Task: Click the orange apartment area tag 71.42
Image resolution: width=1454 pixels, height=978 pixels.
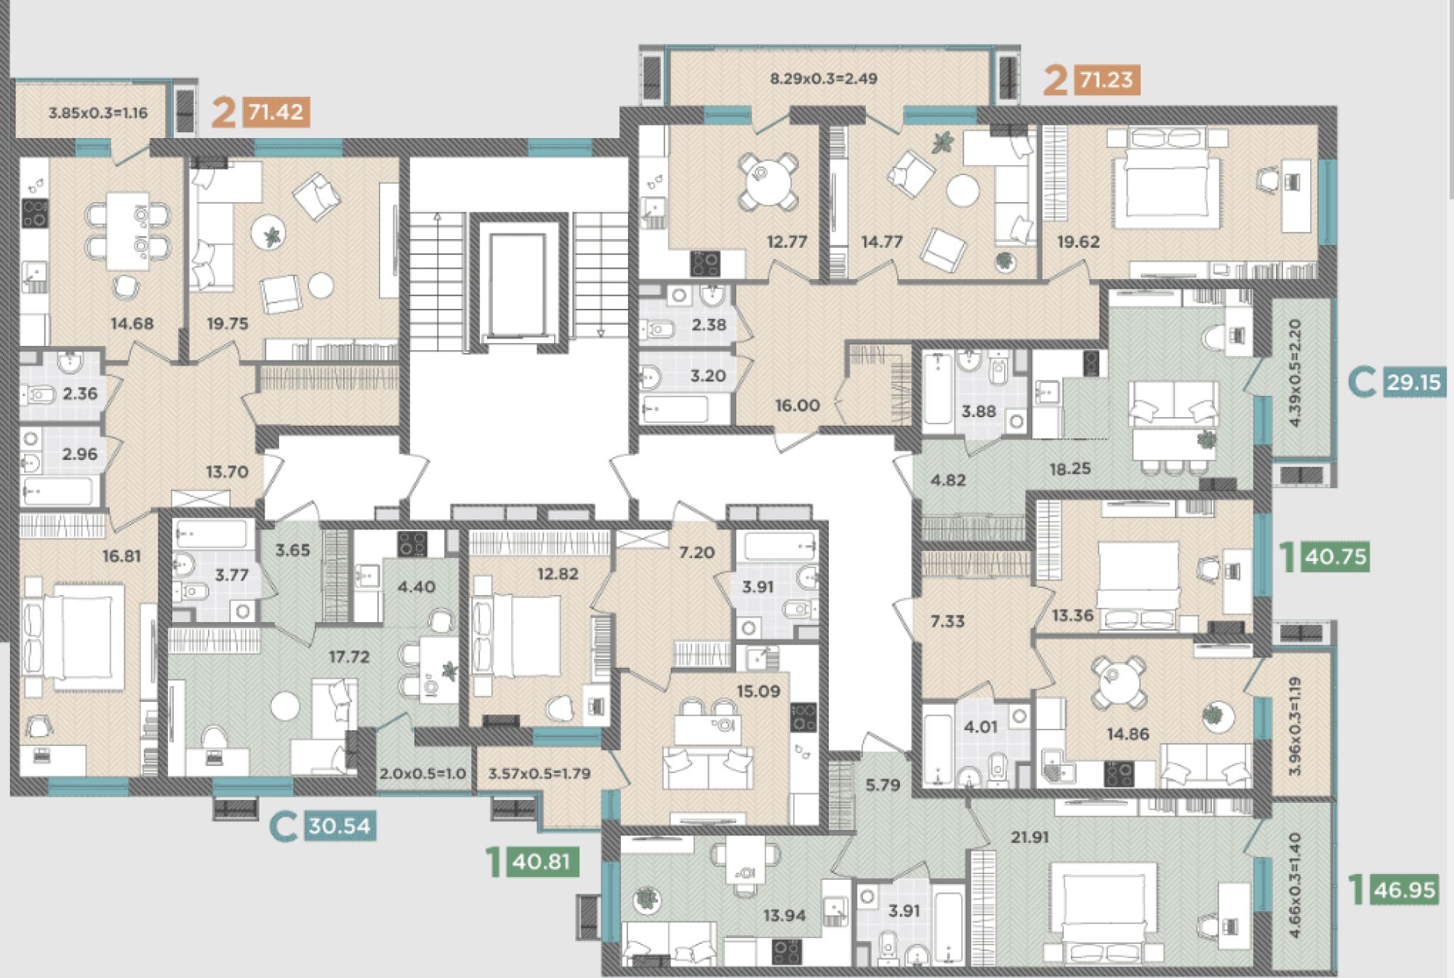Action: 276,113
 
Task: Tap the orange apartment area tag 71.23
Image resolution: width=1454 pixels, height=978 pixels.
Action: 1106,78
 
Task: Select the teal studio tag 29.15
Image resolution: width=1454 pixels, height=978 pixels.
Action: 1413,383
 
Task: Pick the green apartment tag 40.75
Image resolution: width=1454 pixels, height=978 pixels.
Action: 1336,557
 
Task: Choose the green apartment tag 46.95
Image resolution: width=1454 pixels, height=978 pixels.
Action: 1405,889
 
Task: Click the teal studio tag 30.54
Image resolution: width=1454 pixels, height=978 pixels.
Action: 340,826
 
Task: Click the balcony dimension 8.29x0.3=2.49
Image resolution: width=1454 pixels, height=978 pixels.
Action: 824,78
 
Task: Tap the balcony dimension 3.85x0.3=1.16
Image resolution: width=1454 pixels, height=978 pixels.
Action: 98,113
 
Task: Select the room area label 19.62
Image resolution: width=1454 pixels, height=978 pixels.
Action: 1078,242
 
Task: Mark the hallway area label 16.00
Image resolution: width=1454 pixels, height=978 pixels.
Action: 798,405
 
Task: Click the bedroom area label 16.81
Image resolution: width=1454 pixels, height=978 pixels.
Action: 121,557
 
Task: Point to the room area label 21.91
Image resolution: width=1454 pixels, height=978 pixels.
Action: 1029,837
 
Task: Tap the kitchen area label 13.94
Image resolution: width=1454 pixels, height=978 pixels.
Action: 784,916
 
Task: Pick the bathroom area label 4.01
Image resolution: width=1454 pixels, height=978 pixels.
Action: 980,727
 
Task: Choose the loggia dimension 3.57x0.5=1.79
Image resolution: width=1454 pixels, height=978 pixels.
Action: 539,774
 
